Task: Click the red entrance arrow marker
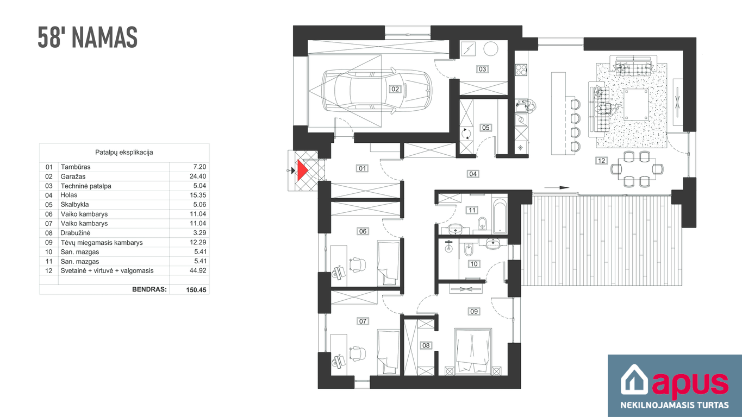[302, 170]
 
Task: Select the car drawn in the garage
[377, 90]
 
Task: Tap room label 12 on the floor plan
[601, 161]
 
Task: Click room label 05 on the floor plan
[485, 128]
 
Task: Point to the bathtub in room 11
[499, 215]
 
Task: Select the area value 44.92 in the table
[198, 270]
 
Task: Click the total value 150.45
[196, 290]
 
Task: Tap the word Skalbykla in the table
[74, 205]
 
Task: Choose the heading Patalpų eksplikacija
[124, 153]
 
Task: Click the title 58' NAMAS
[88, 37]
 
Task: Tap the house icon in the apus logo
[634, 380]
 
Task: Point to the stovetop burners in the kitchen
[521, 70]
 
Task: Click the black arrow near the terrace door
[557, 188]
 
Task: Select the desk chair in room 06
[358, 265]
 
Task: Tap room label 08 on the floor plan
[426, 345]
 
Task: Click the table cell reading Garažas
[73, 176]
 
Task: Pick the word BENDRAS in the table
[149, 289]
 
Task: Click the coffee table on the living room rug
[636, 104]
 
